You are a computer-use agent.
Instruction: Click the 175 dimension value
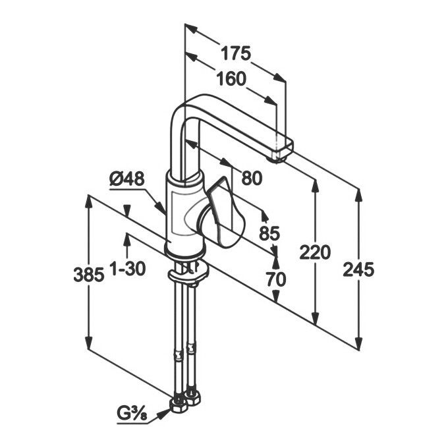point(235,53)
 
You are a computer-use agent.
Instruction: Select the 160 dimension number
point(231,79)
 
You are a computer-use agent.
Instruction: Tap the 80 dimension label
point(252,177)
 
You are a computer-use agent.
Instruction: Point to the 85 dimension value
point(269,233)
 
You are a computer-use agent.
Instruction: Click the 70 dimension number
point(276,279)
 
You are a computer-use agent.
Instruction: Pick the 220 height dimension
point(315,252)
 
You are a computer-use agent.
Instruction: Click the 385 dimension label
point(88,275)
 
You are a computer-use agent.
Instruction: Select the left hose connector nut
point(178,403)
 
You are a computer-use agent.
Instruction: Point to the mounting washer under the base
point(187,273)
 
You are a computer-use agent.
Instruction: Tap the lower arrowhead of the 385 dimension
point(88,347)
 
